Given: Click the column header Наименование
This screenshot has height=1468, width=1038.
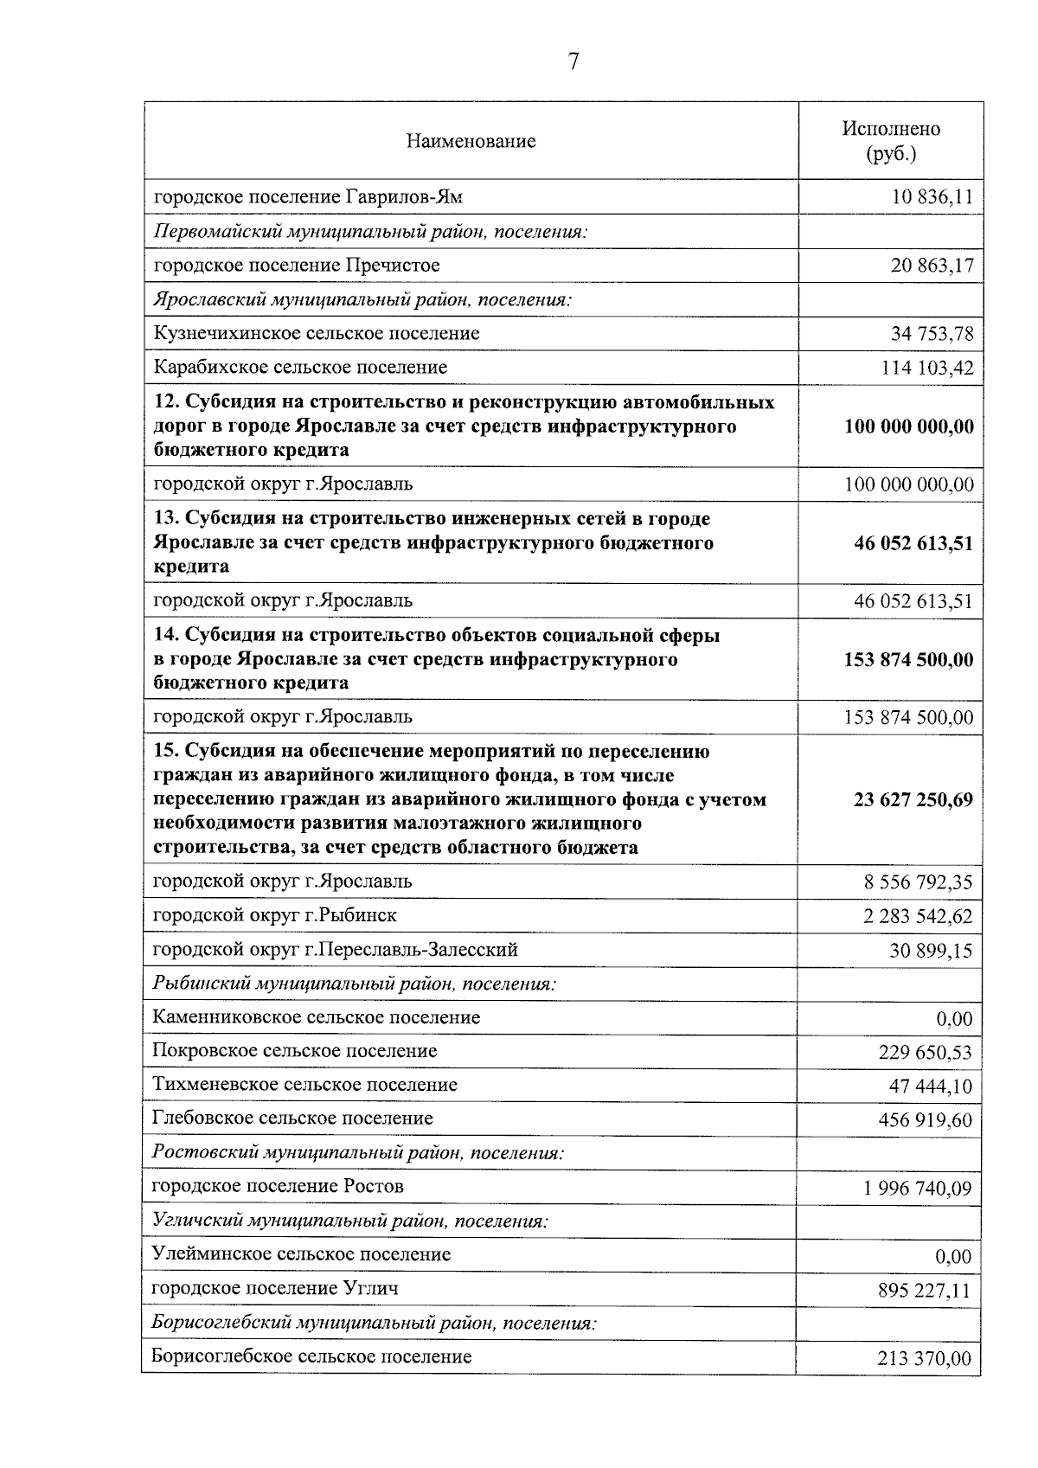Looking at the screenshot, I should (471, 141).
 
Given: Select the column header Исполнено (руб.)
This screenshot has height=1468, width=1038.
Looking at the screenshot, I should (891, 141).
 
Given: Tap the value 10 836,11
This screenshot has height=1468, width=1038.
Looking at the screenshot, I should (932, 197).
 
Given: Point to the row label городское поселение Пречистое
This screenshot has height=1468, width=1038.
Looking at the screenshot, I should (297, 265).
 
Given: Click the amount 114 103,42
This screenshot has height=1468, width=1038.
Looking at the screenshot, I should (926, 368).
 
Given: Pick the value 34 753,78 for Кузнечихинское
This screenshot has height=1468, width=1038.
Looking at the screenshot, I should (932, 334).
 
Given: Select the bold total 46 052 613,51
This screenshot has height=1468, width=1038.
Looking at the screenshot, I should (913, 543).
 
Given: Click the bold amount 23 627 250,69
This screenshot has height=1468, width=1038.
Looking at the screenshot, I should (913, 799).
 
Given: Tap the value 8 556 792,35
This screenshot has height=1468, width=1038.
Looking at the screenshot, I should (918, 882).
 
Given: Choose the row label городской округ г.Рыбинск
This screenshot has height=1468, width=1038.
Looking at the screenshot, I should (275, 915).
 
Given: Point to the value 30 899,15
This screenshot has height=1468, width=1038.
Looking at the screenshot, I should (931, 951).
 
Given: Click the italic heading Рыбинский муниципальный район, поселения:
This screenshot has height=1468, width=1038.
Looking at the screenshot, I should (354, 984).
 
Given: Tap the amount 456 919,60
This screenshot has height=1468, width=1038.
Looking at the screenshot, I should (925, 1121).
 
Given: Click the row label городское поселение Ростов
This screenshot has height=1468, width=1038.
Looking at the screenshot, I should (278, 1186).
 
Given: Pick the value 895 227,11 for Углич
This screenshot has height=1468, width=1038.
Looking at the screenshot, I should (924, 1292).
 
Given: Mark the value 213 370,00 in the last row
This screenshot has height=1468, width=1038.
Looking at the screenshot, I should (924, 1359).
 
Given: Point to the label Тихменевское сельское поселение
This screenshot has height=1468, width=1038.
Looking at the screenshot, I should (304, 1085).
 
